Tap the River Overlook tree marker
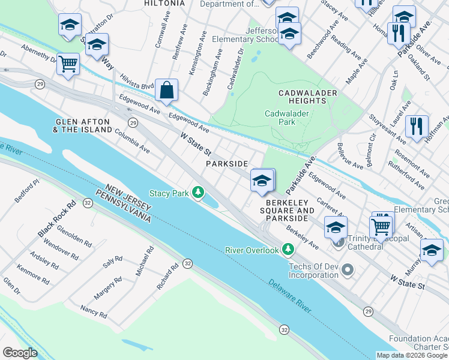coord(289,249)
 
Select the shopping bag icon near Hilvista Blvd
coord(166,91)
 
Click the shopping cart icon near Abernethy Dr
coord(68,63)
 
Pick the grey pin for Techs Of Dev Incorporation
coord(347,270)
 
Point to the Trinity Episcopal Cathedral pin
coord(339,242)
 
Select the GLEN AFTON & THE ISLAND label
coord(83,125)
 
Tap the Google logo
coord(20,352)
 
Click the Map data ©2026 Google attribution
coord(412,355)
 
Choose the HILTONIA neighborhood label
coord(164,3)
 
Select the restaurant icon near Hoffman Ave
coord(416,127)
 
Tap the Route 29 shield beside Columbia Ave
coord(133,122)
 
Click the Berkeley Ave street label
coord(302,238)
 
